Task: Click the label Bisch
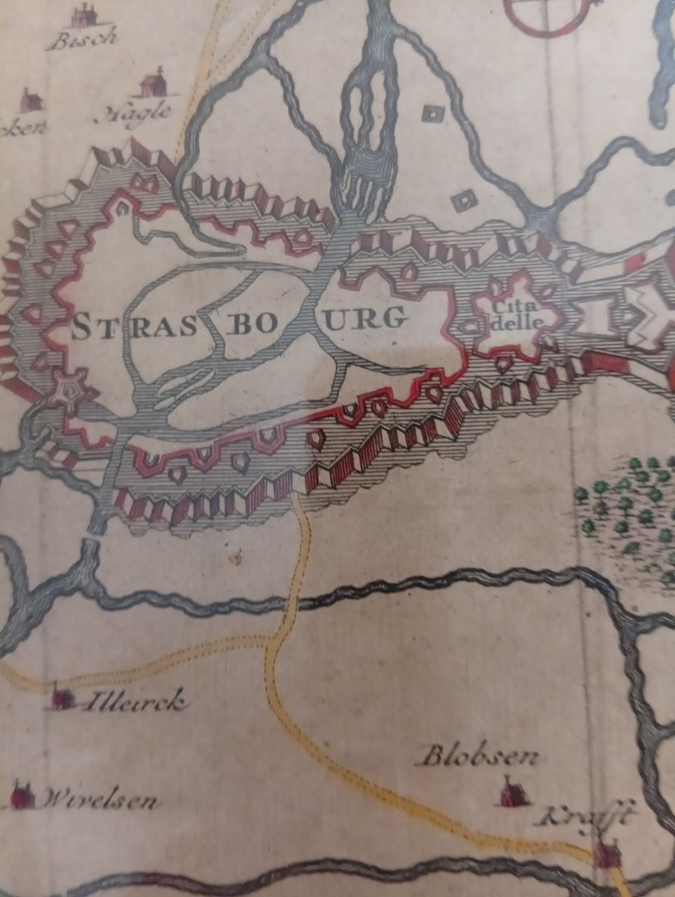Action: click(81, 38)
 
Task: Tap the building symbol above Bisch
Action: click(84, 15)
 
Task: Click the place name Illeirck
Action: click(134, 703)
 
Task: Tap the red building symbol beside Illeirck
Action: click(62, 698)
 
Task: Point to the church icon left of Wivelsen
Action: click(22, 795)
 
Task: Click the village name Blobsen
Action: click(479, 756)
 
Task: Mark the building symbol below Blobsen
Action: click(513, 792)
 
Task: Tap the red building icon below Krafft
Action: click(608, 852)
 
